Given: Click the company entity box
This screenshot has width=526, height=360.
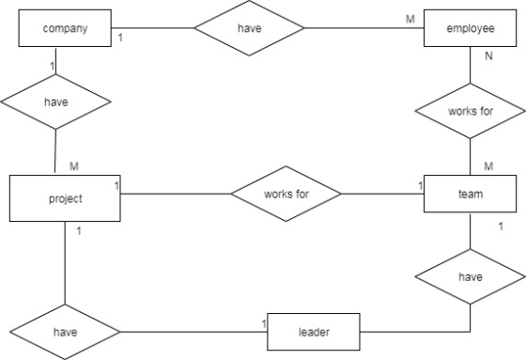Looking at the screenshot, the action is click(65, 28).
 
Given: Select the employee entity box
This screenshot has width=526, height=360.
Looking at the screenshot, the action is click(470, 28).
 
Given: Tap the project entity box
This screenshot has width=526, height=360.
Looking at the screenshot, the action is click(65, 198).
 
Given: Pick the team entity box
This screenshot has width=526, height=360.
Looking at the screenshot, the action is click(470, 194).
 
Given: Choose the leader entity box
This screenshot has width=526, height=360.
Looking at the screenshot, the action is click(314, 332).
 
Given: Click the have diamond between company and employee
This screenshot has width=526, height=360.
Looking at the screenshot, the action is click(249, 28).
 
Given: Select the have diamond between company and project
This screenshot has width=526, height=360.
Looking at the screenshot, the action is click(56, 102).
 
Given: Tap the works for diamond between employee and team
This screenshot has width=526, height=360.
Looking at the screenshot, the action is click(470, 111).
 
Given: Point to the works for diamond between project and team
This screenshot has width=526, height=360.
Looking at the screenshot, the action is click(286, 194).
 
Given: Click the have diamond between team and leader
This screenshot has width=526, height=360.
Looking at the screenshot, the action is click(470, 276).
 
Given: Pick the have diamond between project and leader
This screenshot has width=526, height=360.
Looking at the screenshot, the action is click(65, 332).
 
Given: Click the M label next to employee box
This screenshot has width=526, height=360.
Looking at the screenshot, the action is click(410, 19).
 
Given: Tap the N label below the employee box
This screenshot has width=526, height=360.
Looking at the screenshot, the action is click(488, 56).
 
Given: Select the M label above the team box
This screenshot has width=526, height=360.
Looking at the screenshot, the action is click(488, 165).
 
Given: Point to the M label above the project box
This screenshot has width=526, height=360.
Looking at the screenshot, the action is click(74, 165).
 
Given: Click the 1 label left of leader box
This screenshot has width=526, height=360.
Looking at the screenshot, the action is click(264, 323).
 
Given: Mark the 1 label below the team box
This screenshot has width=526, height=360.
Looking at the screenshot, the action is click(501, 227).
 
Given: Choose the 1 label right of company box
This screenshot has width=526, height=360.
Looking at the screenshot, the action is click(120, 38).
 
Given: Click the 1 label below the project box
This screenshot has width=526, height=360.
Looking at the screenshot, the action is click(79, 231).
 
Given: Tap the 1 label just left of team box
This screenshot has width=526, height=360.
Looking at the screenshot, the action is click(421, 185).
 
